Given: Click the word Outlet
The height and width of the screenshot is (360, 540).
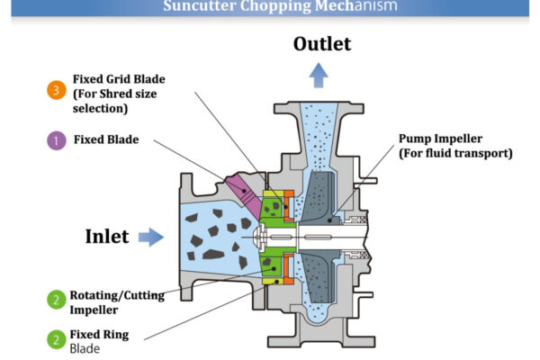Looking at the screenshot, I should click(320, 44).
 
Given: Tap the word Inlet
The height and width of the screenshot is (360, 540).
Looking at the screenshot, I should click(107, 237).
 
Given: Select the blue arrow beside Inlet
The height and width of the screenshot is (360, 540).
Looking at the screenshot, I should click(152, 237).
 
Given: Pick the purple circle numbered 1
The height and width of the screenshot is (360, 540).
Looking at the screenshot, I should click(56, 140).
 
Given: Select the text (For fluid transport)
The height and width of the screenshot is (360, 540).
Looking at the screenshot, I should click(455, 153).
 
